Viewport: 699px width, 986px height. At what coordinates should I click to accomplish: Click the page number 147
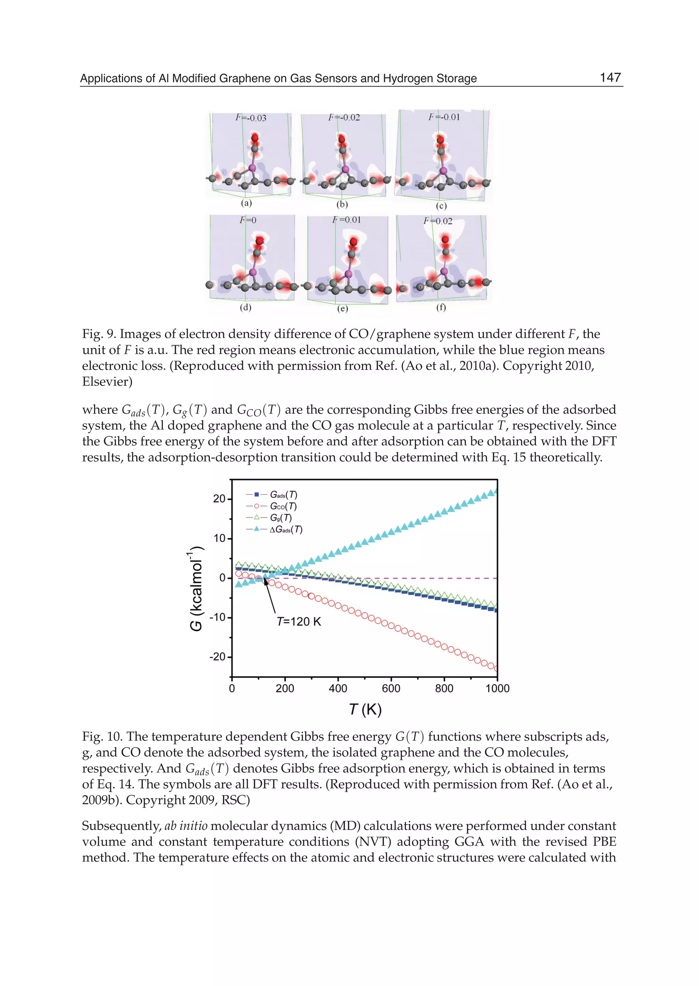click(x=610, y=77)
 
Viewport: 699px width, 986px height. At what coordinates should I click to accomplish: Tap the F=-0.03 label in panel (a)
click(x=251, y=117)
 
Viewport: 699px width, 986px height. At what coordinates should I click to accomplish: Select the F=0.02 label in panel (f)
click(x=438, y=221)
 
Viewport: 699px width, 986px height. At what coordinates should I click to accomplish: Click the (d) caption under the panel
click(x=245, y=307)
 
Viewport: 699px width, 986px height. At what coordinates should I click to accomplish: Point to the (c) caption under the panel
click(x=441, y=206)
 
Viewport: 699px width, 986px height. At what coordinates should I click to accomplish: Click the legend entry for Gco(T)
click(x=283, y=506)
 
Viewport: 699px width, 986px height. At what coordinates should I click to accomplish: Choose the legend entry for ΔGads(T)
click(x=286, y=529)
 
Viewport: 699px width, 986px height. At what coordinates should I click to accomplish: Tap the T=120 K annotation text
click(x=299, y=621)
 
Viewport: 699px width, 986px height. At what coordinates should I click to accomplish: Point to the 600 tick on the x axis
click(x=391, y=688)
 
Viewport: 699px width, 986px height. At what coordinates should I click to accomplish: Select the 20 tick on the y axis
click(x=219, y=499)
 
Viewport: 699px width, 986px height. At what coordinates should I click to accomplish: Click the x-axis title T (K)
click(x=365, y=709)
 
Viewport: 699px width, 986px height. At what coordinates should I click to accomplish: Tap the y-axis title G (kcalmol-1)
click(x=196, y=588)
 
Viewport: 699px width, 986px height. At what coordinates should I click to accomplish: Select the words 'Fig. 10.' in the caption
click(x=102, y=737)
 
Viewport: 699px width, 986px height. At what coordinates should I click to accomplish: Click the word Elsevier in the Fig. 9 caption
click(x=107, y=381)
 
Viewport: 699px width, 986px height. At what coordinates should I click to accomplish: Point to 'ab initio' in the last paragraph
click(x=186, y=826)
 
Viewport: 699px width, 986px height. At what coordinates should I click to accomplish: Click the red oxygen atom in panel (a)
click(x=255, y=138)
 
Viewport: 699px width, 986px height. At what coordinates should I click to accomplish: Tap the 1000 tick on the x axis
click(x=497, y=688)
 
